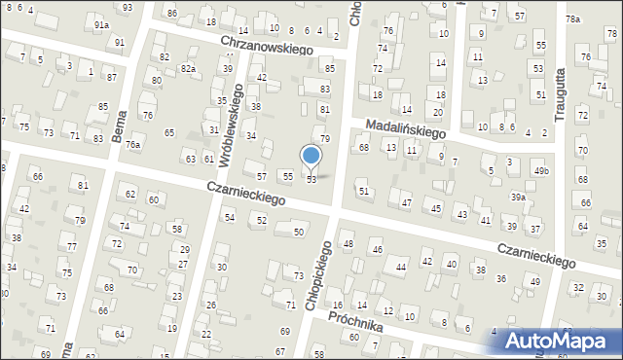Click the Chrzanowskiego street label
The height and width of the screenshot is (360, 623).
tap(266, 45)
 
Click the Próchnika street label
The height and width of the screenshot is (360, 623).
tap(356, 322)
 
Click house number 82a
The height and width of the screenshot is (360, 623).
tap(188, 69)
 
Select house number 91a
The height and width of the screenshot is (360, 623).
tap(101, 24)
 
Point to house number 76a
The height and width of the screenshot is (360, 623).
tap(132, 145)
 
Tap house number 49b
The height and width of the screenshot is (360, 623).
tap(540, 171)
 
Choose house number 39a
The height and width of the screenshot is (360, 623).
tap(518, 197)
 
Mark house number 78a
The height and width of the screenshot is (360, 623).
tap(572, 19)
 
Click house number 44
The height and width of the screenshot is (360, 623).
tap(400, 267)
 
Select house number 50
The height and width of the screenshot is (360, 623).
tap(299, 232)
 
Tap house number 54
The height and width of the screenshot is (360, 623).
tap(229, 217)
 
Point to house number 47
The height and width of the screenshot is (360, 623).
tap(406, 203)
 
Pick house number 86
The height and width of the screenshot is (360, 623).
tap(172, 13)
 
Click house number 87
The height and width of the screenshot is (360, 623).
tap(112, 77)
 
